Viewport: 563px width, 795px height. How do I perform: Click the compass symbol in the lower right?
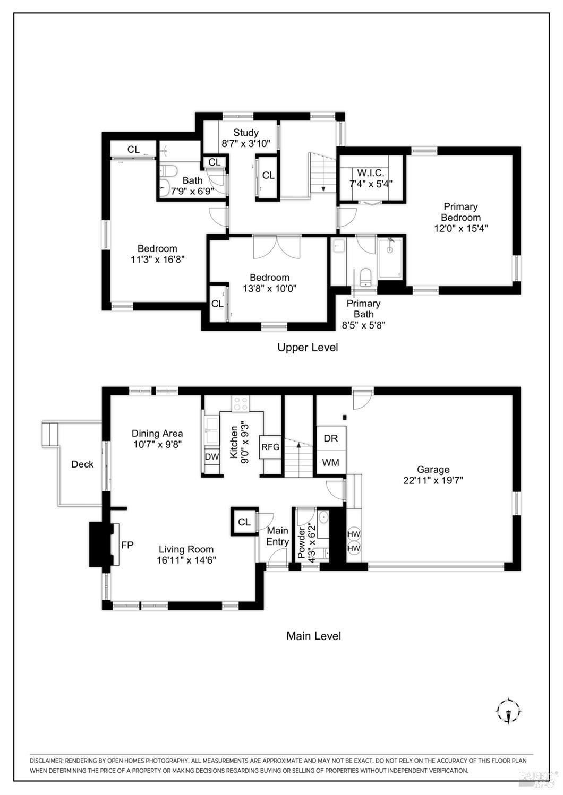pyautogui.click(x=509, y=710)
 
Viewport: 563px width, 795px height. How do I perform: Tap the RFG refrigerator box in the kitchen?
pyautogui.click(x=270, y=447)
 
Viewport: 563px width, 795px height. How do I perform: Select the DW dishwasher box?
pyautogui.click(x=211, y=456)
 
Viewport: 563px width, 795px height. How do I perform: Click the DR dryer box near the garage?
pyautogui.click(x=331, y=438)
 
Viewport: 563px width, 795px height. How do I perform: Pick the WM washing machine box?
pyautogui.click(x=331, y=462)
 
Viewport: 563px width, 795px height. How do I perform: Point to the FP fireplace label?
pyautogui.click(x=127, y=545)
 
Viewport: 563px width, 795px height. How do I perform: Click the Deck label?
pyautogui.click(x=82, y=464)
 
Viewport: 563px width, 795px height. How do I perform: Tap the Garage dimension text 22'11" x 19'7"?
pyautogui.click(x=433, y=481)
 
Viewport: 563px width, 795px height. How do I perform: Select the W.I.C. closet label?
pyautogui.click(x=370, y=173)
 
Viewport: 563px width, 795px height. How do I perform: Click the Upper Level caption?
pyautogui.click(x=308, y=347)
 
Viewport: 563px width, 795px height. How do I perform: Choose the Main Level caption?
pyautogui.click(x=313, y=635)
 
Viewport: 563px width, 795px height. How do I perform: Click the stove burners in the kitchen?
pyautogui.click(x=240, y=403)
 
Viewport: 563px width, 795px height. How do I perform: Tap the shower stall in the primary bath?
pyautogui.click(x=390, y=258)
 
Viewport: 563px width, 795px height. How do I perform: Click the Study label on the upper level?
pyautogui.click(x=245, y=133)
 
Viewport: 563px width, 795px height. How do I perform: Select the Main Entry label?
pyautogui.click(x=277, y=536)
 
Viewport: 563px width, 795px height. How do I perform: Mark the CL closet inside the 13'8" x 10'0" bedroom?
pyautogui.click(x=217, y=304)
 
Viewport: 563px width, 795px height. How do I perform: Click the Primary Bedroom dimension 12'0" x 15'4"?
pyautogui.click(x=460, y=228)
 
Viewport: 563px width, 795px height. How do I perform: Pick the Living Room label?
pyautogui.click(x=186, y=549)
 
